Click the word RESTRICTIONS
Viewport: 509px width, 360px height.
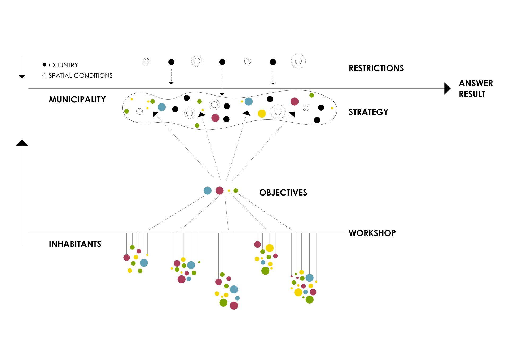[x=376, y=68]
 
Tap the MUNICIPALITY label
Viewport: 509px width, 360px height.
[x=77, y=99]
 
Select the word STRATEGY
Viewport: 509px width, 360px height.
[x=368, y=112]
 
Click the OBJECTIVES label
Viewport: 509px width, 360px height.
[x=283, y=193]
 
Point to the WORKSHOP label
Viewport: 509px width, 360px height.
[x=372, y=233]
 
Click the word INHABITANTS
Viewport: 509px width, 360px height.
[x=75, y=244]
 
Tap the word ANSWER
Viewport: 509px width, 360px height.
[x=476, y=83]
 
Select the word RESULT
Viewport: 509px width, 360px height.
[x=472, y=94]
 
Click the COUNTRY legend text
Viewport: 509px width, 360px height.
[x=63, y=65]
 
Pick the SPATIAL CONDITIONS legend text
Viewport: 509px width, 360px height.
[x=81, y=76]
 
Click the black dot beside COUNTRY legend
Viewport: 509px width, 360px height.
[x=45, y=65]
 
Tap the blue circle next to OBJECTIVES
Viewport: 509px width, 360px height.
[x=207, y=190]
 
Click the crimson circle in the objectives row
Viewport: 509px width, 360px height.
[x=220, y=190]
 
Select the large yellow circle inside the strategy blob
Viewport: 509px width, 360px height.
[x=262, y=113]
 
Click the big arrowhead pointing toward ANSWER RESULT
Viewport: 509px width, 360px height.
[x=447, y=89]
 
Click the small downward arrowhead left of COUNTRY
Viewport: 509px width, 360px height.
[x=22, y=77]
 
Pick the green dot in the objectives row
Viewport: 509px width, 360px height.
[x=235, y=190]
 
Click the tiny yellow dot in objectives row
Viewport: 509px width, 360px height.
[x=229, y=191]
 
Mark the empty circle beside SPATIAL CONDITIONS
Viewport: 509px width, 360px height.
[x=45, y=76]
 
